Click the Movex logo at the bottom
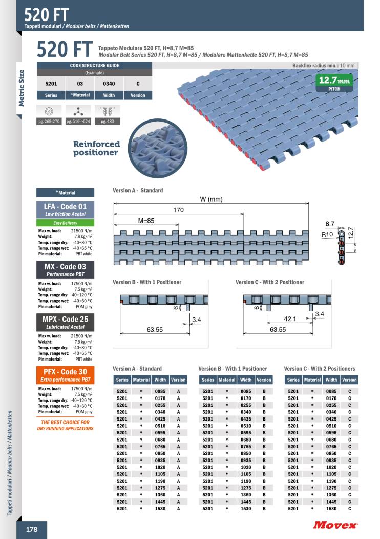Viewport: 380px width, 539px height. point(335,524)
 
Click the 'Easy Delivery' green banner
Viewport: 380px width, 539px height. point(65,223)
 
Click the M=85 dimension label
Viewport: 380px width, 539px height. point(146,220)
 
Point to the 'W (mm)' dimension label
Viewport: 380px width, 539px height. point(210,199)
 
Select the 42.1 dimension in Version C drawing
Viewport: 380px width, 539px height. point(290,319)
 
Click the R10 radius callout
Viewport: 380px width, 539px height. point(327,234)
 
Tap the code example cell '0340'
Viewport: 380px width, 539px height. point(109,83)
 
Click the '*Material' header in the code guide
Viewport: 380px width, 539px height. point(80,95)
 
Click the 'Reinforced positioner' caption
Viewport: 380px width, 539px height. point(96,148)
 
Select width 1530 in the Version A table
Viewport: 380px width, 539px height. point(160,509)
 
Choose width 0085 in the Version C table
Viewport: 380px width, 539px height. point(331,391)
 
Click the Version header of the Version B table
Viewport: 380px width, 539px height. point(264,380)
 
